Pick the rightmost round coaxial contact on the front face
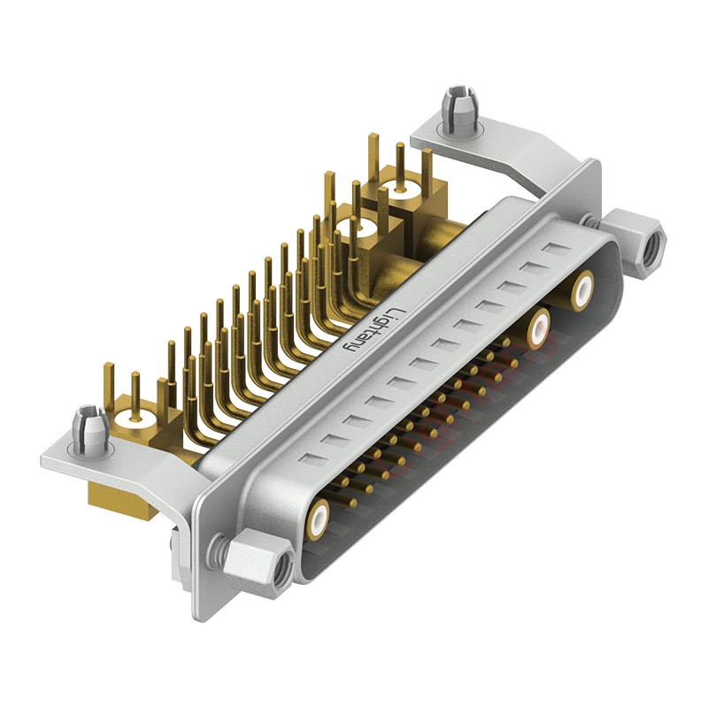583,290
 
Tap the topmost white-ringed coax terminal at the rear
402,189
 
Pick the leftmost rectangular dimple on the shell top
312,458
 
